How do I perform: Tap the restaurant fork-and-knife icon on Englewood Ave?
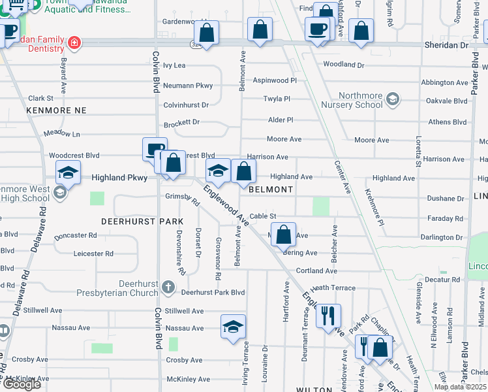(x=328, y=315)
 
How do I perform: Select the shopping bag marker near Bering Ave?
(x=284, y=235)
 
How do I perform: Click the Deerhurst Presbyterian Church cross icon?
(x=168, y=287)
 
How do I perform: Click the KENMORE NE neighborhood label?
(x=56, y=110)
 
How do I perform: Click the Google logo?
(x=22, y=384)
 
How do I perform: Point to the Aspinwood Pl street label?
(x=274, y=80)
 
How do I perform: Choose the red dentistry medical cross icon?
(x=74, y=42)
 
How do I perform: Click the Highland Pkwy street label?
(x=116, y=177)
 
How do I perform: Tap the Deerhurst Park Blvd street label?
(x=213, y=293)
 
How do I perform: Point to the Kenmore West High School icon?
(x=60, y=192)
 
